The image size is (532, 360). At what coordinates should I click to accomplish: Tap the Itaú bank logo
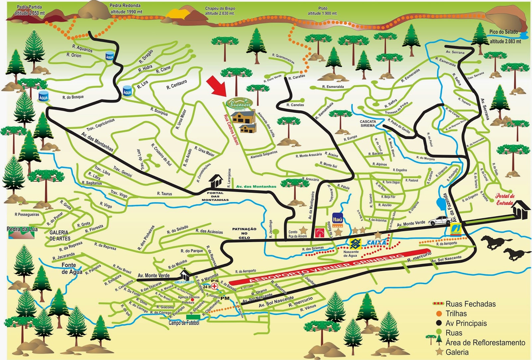337,220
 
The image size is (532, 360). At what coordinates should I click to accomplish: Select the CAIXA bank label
377,243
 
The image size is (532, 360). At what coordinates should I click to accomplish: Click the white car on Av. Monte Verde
439,220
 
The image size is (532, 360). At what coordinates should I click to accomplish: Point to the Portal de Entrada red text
505,199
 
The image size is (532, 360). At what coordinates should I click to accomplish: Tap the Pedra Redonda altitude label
126,9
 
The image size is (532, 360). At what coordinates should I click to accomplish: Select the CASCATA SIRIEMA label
368,123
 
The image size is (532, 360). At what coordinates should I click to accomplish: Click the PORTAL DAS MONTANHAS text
215,196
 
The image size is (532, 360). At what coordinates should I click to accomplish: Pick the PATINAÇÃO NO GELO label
244,233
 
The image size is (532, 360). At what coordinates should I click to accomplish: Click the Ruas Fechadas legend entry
470,304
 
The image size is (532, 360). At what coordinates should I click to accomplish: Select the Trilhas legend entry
456,313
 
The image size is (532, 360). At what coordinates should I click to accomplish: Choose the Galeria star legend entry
457,352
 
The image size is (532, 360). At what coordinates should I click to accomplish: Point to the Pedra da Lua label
22,229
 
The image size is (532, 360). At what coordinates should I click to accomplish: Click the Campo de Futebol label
184,323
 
